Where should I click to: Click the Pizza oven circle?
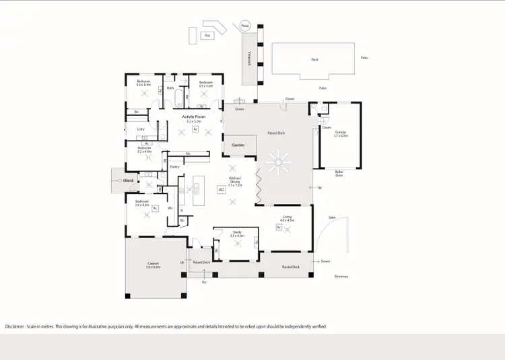tap(244, 26)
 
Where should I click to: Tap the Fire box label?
tap(208, 34)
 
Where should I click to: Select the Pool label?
tap(314, 59)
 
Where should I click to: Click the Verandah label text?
tap(249, 59)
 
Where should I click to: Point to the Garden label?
tap(239, 145)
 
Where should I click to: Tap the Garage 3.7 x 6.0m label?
tap(341, 134)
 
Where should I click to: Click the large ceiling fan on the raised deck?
tap(276, 164)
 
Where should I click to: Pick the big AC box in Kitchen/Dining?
tap(221, 190)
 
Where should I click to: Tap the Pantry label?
tap(174, 167)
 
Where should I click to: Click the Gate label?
tap(332, 217)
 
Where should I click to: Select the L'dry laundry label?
tap(141, 129)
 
